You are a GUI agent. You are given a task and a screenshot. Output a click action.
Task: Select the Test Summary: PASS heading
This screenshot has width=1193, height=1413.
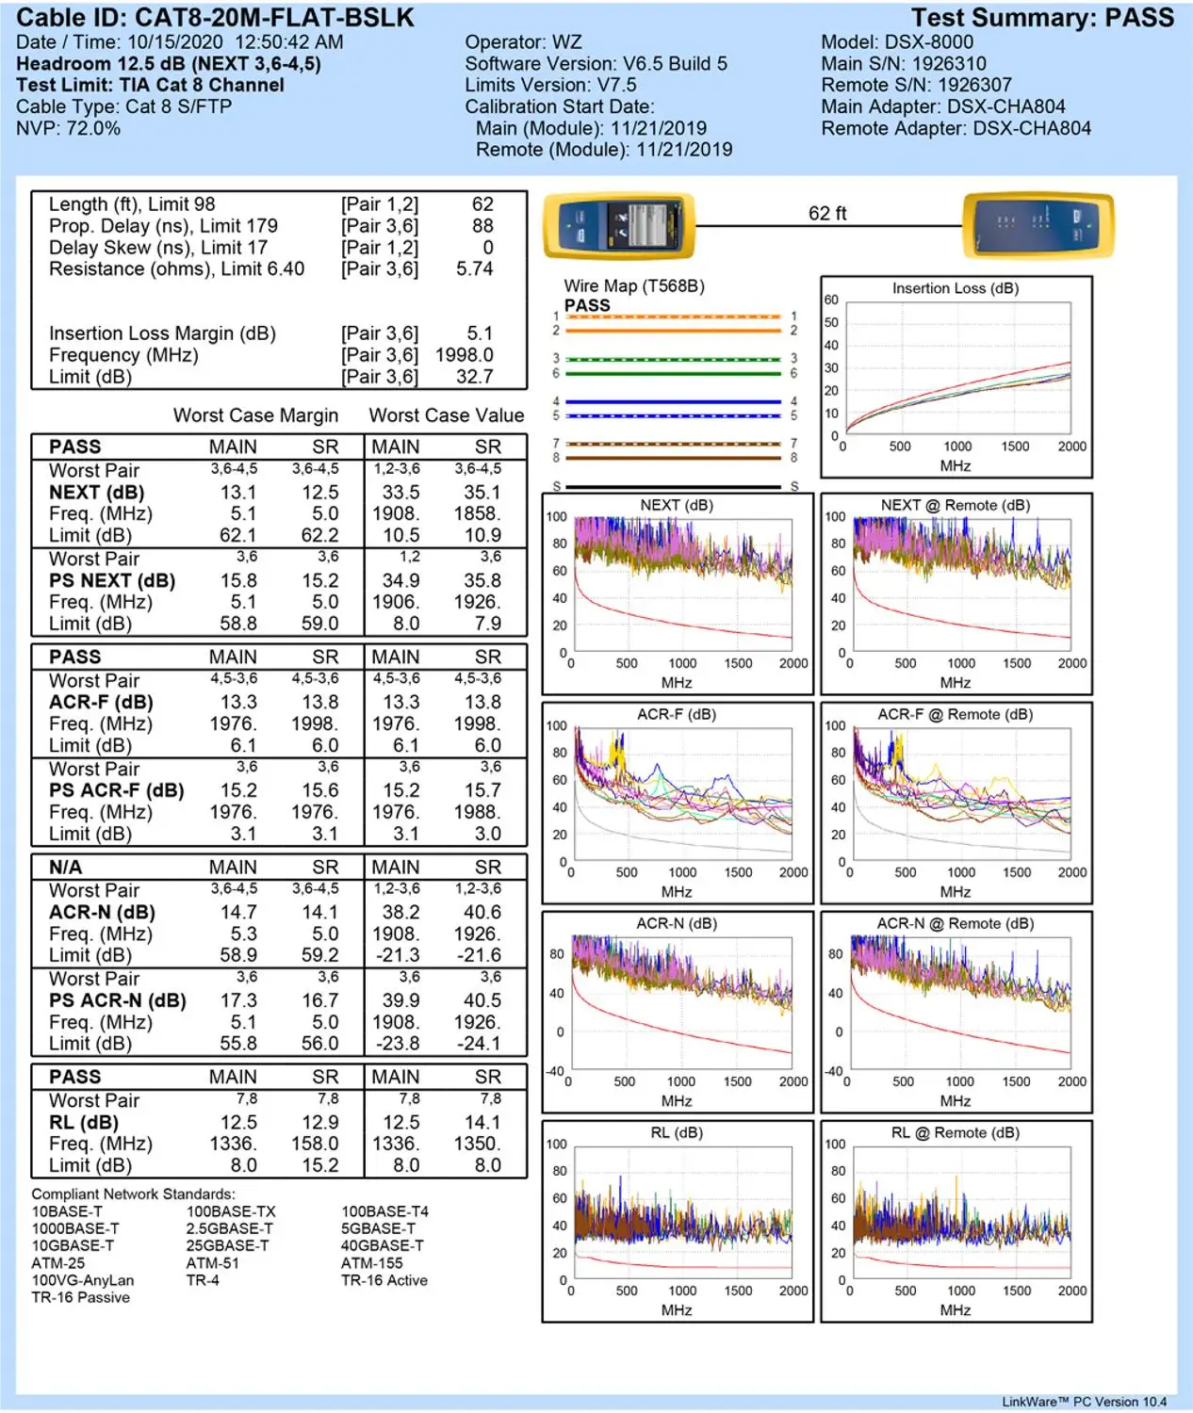coord(1042,18)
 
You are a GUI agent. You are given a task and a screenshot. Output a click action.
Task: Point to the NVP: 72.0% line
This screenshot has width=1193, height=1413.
coord(68,128)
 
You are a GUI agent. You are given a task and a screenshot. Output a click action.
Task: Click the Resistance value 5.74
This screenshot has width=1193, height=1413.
coord(475,269)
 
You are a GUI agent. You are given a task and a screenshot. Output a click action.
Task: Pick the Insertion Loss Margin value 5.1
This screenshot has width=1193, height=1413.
coord(480,333)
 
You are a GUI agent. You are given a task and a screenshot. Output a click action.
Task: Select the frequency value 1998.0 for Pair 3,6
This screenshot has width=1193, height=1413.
coord(464,355)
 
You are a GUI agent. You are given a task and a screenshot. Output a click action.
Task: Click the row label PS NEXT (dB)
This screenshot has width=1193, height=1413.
coord(112,581)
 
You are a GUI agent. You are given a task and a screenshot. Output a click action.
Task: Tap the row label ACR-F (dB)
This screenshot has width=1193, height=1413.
coord(101,703)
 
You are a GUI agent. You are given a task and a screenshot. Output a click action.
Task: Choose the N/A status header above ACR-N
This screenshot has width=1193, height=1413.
coord(65,868)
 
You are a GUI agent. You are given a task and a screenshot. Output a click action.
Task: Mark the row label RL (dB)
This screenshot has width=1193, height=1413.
coord(84,1123)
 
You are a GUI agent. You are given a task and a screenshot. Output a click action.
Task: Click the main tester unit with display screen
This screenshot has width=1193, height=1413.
coord(619,227)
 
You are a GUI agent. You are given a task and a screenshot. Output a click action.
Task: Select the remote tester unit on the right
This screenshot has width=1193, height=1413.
coord(1038,227)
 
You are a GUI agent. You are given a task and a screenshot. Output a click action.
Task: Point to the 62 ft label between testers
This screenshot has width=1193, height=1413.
coord(827,214)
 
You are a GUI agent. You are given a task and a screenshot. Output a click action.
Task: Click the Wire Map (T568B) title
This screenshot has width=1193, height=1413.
coord(634,286)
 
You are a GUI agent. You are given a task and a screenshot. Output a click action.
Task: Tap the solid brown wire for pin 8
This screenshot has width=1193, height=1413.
coord(673,458)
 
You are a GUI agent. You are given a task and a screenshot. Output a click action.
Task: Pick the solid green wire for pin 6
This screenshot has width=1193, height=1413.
coord(673,374)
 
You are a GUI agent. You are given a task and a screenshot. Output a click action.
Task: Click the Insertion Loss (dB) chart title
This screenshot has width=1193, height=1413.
coord(956,289)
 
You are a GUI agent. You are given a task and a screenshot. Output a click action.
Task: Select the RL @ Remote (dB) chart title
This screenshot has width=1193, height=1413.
coord(956,1133)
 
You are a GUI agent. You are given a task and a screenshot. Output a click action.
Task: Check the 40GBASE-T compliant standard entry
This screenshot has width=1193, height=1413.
coord(382,1246)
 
